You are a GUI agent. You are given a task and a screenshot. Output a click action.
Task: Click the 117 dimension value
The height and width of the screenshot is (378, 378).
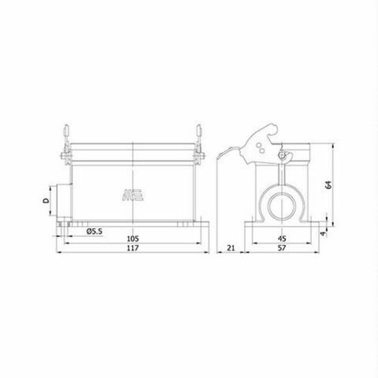[x=132, y=248]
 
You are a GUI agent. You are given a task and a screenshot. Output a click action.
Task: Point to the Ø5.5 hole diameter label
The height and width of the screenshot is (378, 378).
[x=92, y=231]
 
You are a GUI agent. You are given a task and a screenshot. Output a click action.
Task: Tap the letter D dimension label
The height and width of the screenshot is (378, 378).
[x=46, y=202]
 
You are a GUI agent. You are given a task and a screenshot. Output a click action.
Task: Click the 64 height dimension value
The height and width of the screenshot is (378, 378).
[x=336, y=186]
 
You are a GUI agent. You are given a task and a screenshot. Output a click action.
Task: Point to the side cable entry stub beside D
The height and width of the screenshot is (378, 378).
[x=59, y=202]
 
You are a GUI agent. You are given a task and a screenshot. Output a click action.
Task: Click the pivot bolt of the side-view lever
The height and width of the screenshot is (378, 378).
[x=281, y=157]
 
